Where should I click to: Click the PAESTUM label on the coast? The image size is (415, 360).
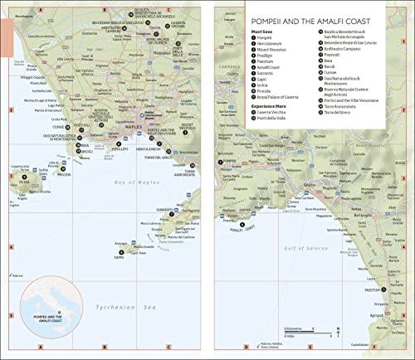tap(370, 291)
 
